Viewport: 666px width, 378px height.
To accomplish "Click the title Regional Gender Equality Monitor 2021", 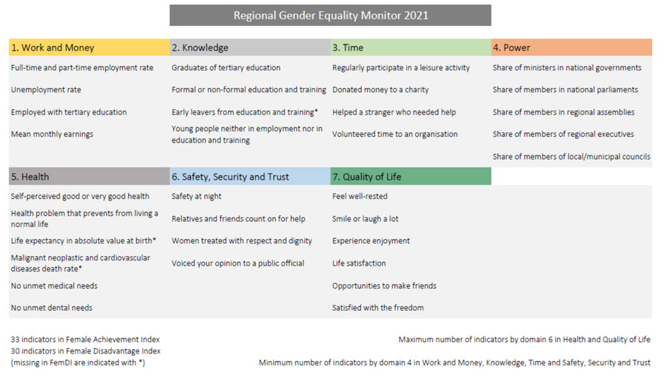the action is pos(331,16).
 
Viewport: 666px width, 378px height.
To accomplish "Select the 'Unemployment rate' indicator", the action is pos(46,90).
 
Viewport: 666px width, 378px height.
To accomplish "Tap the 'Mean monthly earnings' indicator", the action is pos(53,134).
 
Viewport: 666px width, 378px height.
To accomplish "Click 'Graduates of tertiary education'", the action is pos(226,68).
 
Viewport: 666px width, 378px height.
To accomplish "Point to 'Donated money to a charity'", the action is pos(380,90).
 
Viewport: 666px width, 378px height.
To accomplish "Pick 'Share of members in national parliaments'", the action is pos(565,90).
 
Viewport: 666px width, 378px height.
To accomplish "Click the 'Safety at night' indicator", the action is pos(196,196).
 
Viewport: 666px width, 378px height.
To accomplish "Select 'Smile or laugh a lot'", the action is pos(366,219).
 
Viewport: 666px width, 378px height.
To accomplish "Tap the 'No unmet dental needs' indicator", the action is pos(52,308).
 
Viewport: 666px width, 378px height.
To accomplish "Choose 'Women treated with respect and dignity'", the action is pos(242,241).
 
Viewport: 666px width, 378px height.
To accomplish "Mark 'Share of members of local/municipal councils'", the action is pos(571,157).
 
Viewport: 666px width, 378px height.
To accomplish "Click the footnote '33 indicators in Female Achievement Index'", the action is pos(85,340).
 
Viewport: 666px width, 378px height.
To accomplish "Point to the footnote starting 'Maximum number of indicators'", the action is pos(524,340).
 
